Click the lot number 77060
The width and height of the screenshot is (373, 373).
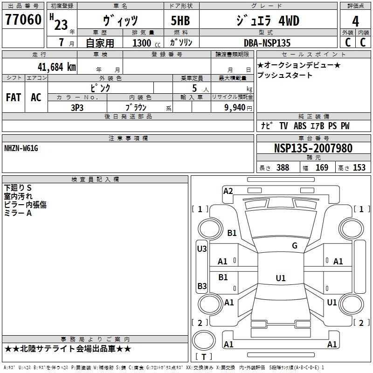click(x=23, y=20)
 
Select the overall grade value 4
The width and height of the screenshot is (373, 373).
click(x=355, y=21)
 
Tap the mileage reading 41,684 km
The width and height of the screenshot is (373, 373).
click(x=56, y=67)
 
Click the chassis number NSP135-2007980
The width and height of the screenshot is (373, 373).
click(x=313, y=148)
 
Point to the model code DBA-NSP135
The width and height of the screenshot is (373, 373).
click(x=267, y=43)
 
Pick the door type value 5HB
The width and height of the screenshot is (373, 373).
click(x=180, y=21)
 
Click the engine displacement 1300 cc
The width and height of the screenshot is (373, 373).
click(x=146, y=43)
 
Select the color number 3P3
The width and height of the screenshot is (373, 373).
click(x=77, y=108)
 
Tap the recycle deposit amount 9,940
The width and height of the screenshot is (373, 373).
click(x=235, y=108)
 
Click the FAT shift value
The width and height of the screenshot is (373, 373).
click(x=14, y=97)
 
